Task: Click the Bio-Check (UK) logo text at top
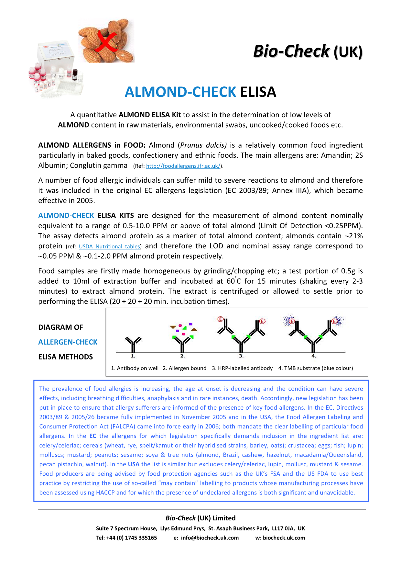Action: (308, 51)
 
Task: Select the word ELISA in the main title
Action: (258, 92)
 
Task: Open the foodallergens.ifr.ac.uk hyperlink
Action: (183, 166)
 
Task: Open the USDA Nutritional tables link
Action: (110, 246)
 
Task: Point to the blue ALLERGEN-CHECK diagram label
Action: (68, 342)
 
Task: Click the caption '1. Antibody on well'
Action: (135, 368)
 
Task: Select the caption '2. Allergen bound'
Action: (185, 368)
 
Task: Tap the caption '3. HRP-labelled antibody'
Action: (242, 368)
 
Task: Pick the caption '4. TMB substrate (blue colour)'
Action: (316, 368)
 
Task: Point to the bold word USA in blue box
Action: (134, 464)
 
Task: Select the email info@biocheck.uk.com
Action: (210, 538)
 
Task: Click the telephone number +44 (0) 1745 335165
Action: (131, 538)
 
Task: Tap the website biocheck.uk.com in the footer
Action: (284, 538)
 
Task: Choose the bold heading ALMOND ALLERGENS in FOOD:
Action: (92, 145)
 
